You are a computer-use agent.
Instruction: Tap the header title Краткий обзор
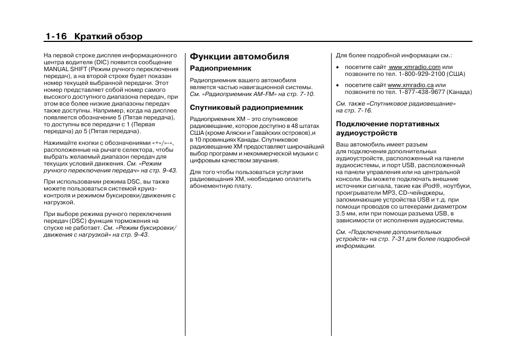click(x=108, y=36)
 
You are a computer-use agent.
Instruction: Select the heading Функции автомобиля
click(x=240, y=56)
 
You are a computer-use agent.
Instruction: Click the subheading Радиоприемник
click(x=221, y=68)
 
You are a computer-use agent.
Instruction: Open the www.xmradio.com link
click(x=415, y=67)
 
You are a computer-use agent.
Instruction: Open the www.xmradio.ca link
click(x=410, y=85)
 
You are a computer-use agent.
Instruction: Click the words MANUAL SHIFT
click(x=65, y=69)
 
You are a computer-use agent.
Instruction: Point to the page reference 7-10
click(x=305, y=94)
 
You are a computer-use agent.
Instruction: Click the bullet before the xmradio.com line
click(x=337, y=68)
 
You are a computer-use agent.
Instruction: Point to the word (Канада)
click(x=459, y=92)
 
